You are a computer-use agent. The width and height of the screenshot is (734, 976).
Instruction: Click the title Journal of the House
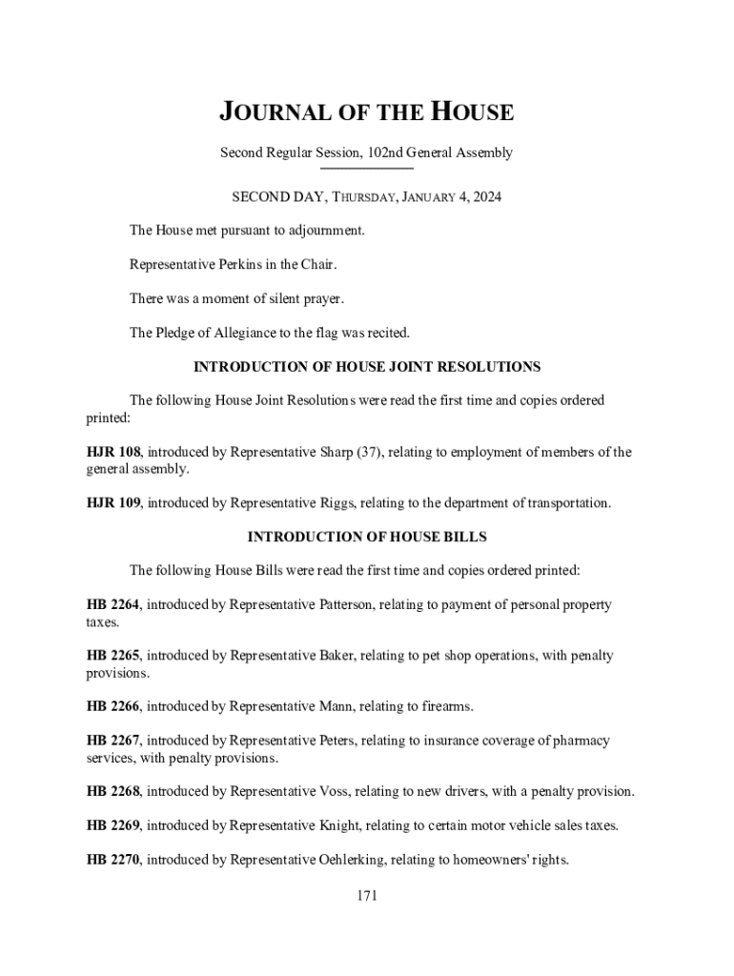pyautogui.click(x=367, y=112)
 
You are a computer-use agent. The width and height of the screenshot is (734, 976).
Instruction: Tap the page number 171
pyautogui.click(x=367, y=895)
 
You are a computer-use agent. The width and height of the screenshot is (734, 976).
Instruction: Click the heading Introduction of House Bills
pyautogui.click(x=367, y=537)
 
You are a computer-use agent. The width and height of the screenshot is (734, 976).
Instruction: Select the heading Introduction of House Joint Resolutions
pyautogui.click(x=367, y=366)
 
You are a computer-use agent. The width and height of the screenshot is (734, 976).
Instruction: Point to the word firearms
pyautogui.click(x=443, y=706)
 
